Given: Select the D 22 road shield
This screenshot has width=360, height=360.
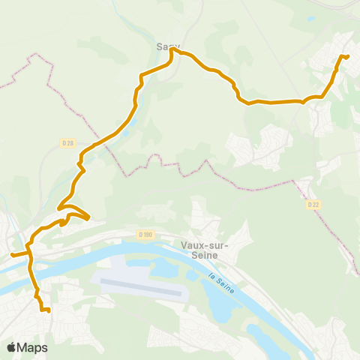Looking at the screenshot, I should click(313, 204).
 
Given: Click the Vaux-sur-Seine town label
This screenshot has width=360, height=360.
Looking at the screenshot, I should click(199, 249).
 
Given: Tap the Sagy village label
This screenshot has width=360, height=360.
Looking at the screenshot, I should click(167, 46).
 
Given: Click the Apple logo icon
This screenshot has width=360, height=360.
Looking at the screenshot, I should click(12, 347).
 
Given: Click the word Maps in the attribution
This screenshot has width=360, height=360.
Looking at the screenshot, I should click(33, 347).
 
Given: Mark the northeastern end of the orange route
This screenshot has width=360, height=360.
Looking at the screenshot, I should click(348, 56).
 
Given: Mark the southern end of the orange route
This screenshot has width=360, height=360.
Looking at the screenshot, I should click(49, 310).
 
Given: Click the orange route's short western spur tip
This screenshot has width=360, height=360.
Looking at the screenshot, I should click(11, 256).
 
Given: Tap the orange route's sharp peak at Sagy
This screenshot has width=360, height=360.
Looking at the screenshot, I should click(173, 49).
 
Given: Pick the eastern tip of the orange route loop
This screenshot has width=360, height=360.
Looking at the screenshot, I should click(89, 218).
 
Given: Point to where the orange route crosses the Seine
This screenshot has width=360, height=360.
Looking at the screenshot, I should click(33, 276).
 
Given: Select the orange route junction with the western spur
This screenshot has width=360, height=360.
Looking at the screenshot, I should click(30, 253).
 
